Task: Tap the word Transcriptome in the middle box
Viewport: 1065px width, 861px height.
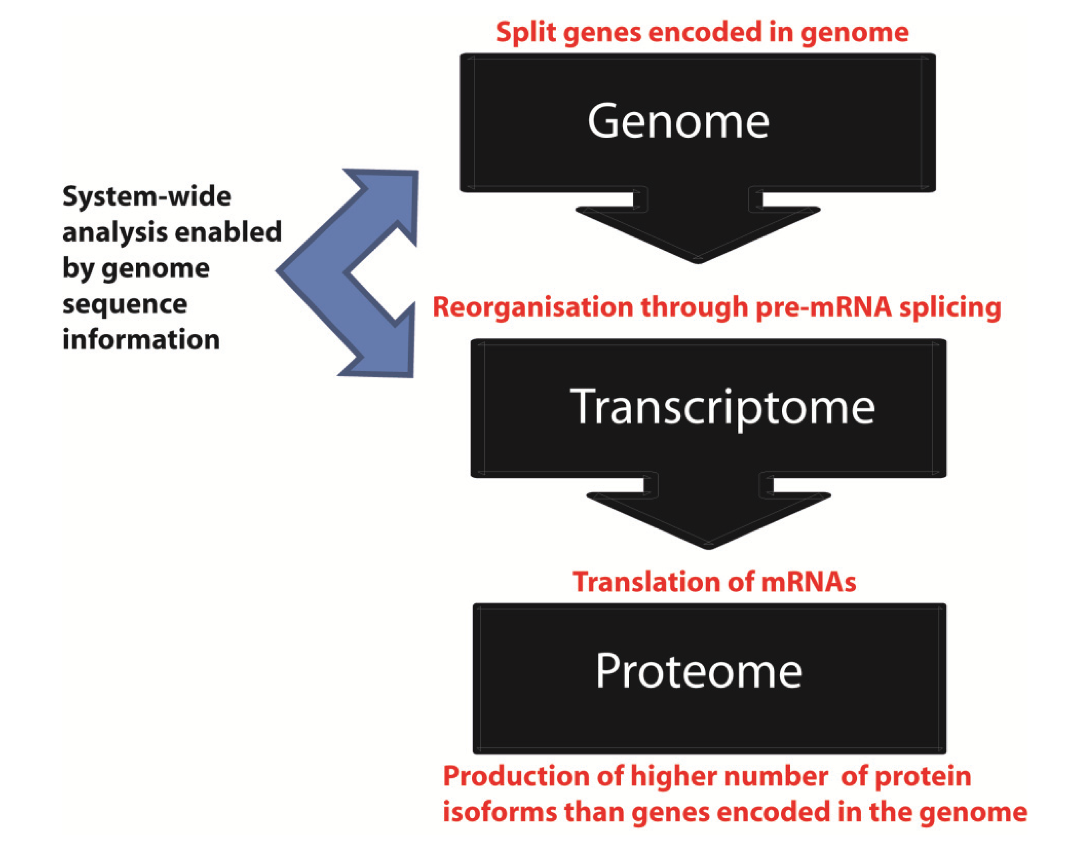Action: click(x=722, y=408)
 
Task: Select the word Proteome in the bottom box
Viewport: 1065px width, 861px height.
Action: click(x=698, y=672)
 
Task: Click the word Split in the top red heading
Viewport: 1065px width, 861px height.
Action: click(x=525, y=33)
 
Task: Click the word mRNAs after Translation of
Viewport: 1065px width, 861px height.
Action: click(x=808, y=582)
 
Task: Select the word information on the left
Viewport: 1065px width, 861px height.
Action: click(x=141, y=340)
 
